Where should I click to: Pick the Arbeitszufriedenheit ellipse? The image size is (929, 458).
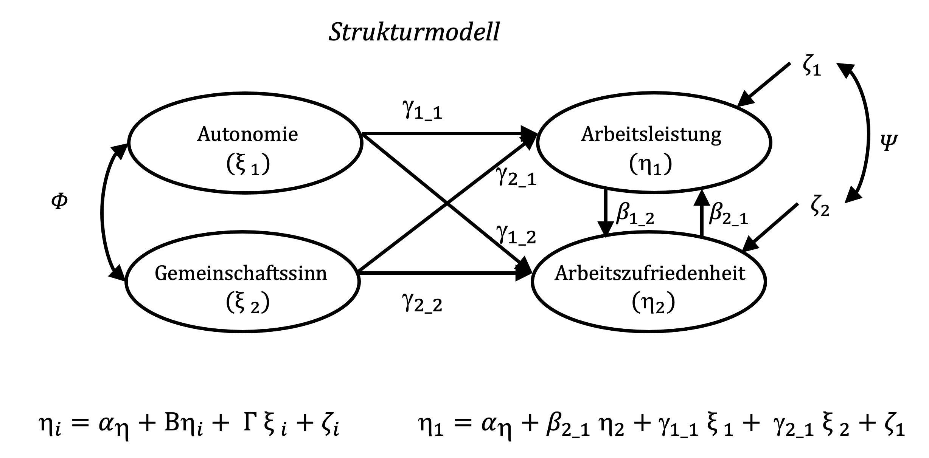tap(649, 282)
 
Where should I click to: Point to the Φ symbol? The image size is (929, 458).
tap(59, 201)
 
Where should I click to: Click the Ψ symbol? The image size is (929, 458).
tap(889, 143)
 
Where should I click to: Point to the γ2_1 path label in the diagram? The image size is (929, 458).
tap(517, 176)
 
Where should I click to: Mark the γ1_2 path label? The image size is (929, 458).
tap(517, 235)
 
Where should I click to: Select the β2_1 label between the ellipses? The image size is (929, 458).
tap(729, 215)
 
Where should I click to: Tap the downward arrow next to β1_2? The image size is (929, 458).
tap(606, 214)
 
